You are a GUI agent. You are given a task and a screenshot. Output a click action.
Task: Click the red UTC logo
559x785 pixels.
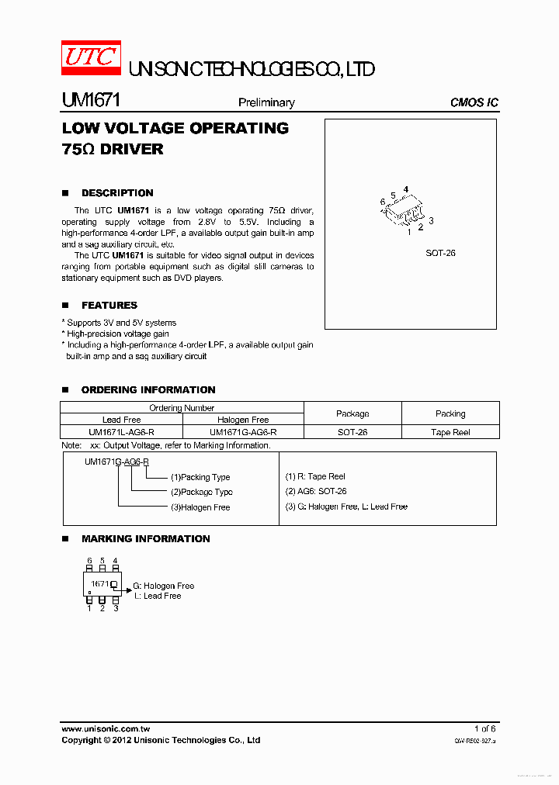pyautogui.click(x=91, y=59)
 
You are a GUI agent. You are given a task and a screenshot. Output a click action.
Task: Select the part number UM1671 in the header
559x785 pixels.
pyautogui.click(x=89, y=101)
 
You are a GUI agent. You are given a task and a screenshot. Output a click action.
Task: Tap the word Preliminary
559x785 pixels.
pyautogui.click(x=266, y=102)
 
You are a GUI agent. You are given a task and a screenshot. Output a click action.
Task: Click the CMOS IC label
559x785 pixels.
pyautogui.click(x=474, y=102)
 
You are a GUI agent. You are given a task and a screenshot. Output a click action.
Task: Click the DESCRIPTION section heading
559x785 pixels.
pyautogui.click(x=117, y=193)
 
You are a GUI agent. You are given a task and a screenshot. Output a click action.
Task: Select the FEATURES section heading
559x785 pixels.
pyautogui.click(x=109, y=306)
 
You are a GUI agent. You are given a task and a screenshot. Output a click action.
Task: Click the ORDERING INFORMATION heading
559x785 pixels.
pyautogui.click(x=148, y=390)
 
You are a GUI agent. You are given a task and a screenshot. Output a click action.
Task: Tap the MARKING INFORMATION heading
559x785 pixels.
pyautogui.click(x=145, y=539)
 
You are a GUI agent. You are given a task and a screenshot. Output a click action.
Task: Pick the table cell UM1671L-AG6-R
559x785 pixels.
pyautogui.click(x=121, y=432)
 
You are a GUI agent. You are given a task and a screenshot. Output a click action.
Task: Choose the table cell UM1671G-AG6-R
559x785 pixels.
pyautogui.click(x=243, y=432)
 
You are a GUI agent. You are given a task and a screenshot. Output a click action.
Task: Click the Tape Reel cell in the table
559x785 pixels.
pyautogui.click(x=450, y=432)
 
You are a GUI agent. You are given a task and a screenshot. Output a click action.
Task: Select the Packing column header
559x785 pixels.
pyautogui.click(x=450, y=413)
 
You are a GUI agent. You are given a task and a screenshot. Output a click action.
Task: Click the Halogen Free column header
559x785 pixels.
pyautogui.click(x=243, y=420)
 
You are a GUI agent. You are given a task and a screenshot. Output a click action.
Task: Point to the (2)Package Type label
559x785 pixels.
pyautogui.click(x=201, y=493)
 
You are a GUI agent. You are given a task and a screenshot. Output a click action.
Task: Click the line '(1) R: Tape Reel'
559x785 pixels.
pyautogui.click(x=315, y=476)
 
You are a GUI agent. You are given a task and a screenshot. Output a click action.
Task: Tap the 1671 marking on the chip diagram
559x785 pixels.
pyautogui.click(x=99, y=583)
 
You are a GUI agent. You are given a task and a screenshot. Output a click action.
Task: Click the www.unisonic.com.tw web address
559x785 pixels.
pyautogui.click(x=106, y=729)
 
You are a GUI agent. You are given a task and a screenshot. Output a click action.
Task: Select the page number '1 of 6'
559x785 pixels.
pyautogui.click(x=484, y=729)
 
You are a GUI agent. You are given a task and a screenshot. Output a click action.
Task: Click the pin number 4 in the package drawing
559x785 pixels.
pyautogui.click(x=406, y=189)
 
